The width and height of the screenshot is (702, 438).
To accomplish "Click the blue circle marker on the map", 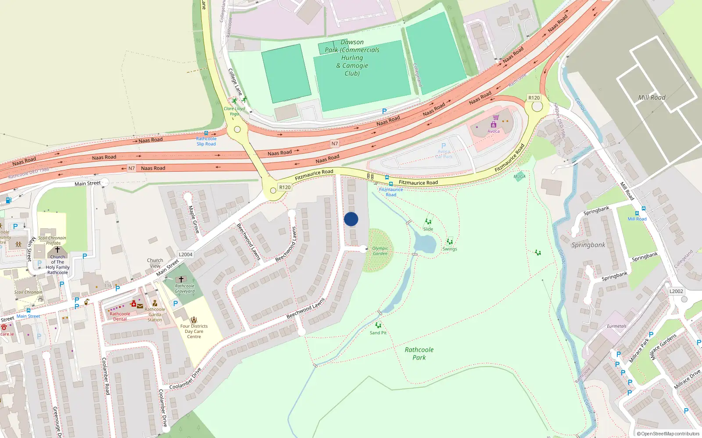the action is pos(351,219).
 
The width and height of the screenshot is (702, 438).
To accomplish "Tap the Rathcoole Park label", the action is pos(419,353).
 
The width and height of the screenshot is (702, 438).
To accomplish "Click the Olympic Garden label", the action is pos(380,251).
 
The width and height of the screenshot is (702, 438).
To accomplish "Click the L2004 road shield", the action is pos(186,254).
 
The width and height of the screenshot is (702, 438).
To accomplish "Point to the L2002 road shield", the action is pos(676,291).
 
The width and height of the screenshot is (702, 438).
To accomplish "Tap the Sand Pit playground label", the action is pos(378,333).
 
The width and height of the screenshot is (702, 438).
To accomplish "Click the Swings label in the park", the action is pos(450,249).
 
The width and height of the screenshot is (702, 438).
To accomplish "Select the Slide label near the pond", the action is pos(428,229).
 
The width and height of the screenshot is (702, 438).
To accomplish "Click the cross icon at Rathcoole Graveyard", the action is pos(181,279).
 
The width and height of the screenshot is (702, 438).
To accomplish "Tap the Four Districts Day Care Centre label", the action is pos(194,331).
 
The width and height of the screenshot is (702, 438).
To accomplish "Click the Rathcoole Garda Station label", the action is pos(155,314).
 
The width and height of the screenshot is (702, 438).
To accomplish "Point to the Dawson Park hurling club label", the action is pos(352,58).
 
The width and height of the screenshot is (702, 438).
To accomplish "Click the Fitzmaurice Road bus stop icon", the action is pos(387,178).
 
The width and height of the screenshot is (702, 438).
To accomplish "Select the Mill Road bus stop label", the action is pos(637,219).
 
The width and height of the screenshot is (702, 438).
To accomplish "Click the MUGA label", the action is pos(519,177).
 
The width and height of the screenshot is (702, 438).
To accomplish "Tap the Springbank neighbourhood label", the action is pos(588,245).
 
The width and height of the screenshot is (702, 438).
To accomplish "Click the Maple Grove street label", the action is pos(194,219).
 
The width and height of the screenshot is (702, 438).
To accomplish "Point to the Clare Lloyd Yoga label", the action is pos(234,111).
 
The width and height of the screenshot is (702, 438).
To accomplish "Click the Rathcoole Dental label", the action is pos(120,316).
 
